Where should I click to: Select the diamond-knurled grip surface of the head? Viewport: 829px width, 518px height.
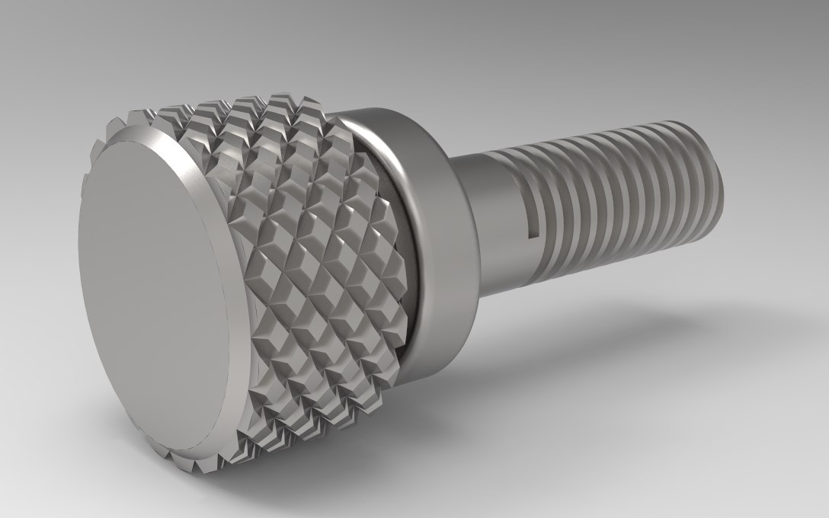320,251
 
